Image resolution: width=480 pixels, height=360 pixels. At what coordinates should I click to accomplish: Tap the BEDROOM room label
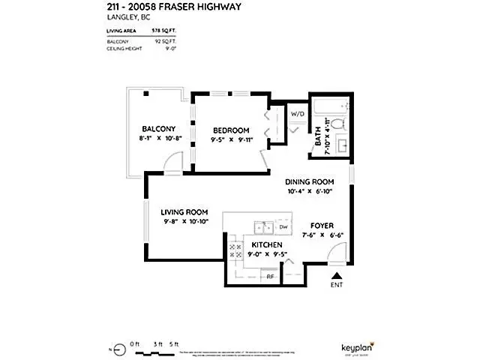pyautogui.click(x=230, y=128)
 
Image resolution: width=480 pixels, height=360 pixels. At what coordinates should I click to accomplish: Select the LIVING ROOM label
pyautogui.click(x=184, y=212)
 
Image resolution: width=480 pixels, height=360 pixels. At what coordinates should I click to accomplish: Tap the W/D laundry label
pyautogui.click(x=298, y=115)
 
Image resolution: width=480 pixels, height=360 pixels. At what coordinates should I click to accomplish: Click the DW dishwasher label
pyautogui.click(x=283, y=226)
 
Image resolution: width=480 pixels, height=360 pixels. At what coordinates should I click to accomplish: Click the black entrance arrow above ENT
pyautogui.click(x=336, y=277)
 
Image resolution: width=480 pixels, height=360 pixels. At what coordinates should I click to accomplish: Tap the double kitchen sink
pyautogui.click(x=262, y=226)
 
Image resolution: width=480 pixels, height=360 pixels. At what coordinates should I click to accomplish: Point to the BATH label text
pyautogui.click(x=319, y=136)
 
